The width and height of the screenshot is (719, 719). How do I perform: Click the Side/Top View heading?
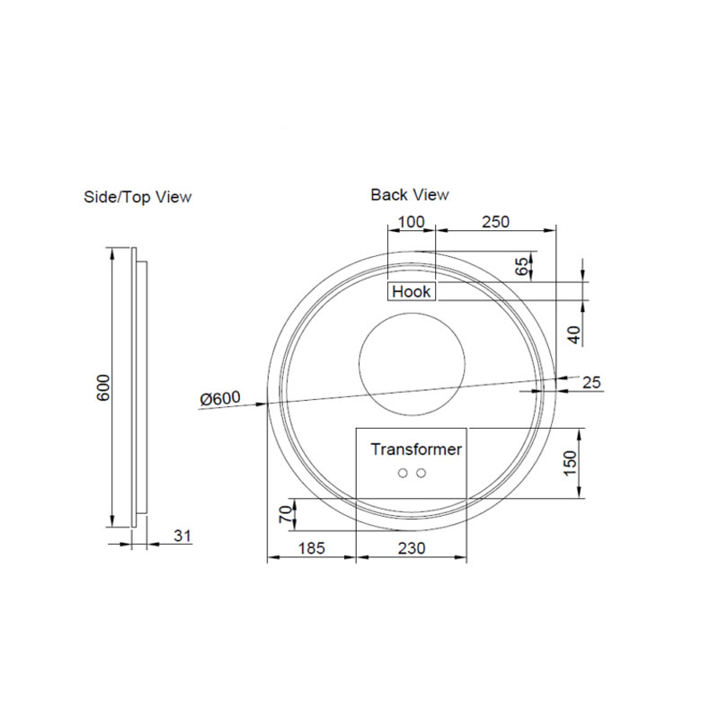pos(138,196)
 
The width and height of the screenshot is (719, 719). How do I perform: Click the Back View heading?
pos(410,194)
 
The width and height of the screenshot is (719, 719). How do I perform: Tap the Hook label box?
pos(412,291)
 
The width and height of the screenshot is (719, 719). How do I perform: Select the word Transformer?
pos(416,448)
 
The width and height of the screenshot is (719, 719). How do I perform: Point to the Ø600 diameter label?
pos(220,398)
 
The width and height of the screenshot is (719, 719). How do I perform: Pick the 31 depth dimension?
pos(182,536)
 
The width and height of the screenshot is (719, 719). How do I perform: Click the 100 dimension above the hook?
pos(410,221)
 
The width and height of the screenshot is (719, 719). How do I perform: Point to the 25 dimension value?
pos(591,383)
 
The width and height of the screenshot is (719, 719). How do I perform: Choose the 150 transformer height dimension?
pos(569,461)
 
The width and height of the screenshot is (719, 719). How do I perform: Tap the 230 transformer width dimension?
pos(410,547)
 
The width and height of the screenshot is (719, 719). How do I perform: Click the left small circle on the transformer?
pos(404,473)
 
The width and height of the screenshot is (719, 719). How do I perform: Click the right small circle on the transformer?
pos(421,473)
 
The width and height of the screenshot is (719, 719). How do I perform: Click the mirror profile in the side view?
pos(136,387)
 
